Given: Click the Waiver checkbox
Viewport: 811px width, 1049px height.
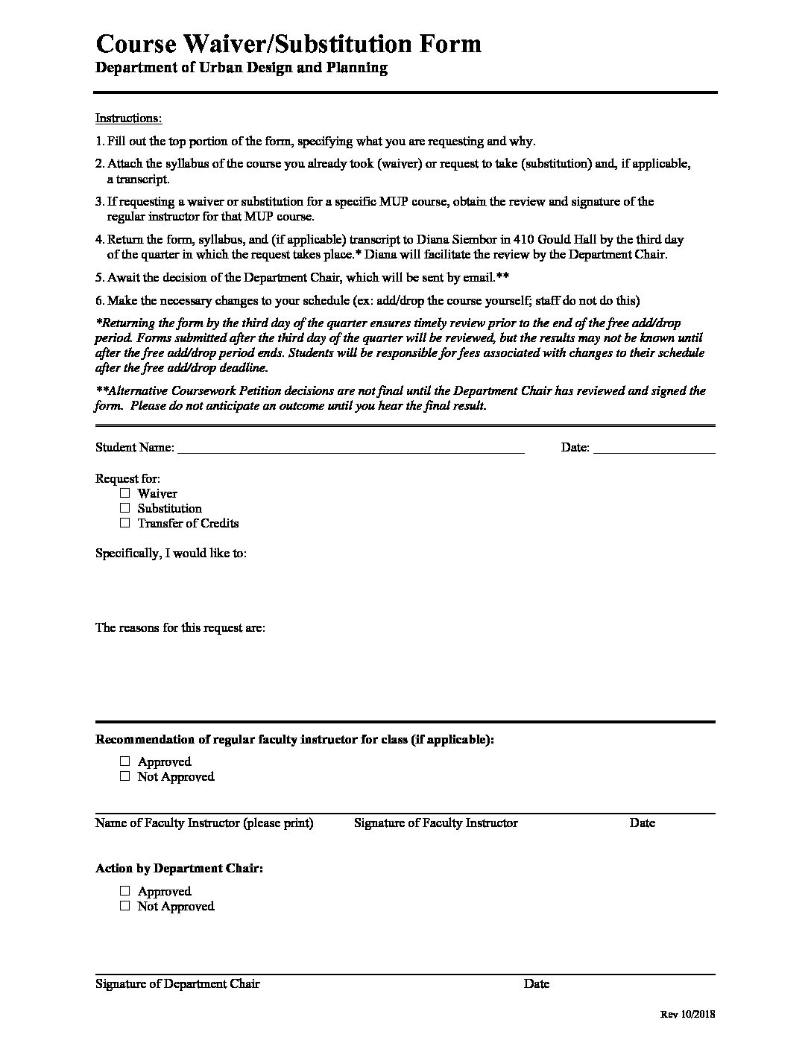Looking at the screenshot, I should click(124, 493).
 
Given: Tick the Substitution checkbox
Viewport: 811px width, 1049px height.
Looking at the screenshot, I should click(124, 508).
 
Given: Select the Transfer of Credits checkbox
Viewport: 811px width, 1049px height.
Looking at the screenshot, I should click(124, 523).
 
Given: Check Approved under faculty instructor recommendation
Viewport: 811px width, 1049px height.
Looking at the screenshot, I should click(124, 761).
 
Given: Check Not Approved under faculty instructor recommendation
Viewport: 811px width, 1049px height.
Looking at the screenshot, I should click(124, 776).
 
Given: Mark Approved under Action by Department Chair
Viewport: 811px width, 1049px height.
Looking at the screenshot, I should click(124, 891).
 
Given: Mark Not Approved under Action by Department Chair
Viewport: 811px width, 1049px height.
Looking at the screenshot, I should click(124, 906).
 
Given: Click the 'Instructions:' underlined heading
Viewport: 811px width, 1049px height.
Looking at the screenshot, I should click(128, 118).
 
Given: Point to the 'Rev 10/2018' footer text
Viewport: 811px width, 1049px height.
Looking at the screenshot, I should click(687, 1015).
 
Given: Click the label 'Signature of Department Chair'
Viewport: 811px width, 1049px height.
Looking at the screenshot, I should click(177, 983).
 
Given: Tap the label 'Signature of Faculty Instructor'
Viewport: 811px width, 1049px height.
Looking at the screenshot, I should click(435, 823).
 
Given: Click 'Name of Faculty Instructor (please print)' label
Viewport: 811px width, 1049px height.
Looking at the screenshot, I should click(204, 823).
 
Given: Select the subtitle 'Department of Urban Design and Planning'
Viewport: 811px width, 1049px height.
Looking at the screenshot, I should click(242, 68).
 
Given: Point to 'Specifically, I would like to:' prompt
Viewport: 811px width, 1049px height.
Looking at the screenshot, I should click(171, 553).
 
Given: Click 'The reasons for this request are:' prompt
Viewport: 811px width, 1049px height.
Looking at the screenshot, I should click(180, 627).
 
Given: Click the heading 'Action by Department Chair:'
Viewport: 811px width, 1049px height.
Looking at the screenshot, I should click(179, 869).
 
